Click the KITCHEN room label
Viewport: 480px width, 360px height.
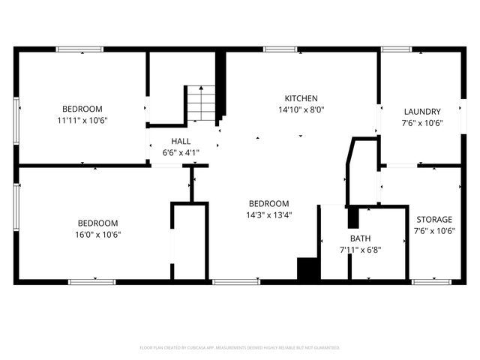tap(301, 98)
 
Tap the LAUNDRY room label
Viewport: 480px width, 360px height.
tap(422, 112)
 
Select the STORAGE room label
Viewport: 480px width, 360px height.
tap(434, 220)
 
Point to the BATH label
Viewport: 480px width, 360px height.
tap(360, 238)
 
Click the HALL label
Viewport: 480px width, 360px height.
tap(181, 141)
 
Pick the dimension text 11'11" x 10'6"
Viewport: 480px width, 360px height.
tap(82, 120)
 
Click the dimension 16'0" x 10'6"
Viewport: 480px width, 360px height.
tap(98, 234)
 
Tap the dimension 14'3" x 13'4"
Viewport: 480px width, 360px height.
tap(269, 214)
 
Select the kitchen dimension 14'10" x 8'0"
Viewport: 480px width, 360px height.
tap(301, 109)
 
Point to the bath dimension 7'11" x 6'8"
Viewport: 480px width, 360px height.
tap(360, 250)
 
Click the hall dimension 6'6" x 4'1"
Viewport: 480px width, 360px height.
tap(181, 152)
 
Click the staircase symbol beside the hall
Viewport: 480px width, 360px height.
tap(200, 103)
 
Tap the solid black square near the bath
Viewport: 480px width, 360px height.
tap(307, 268)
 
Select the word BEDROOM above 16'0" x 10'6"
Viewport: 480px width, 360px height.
tap(98, 223)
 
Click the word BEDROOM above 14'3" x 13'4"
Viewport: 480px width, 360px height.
tap(269, 203)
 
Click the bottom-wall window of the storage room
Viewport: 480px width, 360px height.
tap(433, 282)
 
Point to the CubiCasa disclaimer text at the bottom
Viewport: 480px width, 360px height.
tap(240, 348)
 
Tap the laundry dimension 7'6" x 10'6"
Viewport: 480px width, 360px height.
tap(422, 123)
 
